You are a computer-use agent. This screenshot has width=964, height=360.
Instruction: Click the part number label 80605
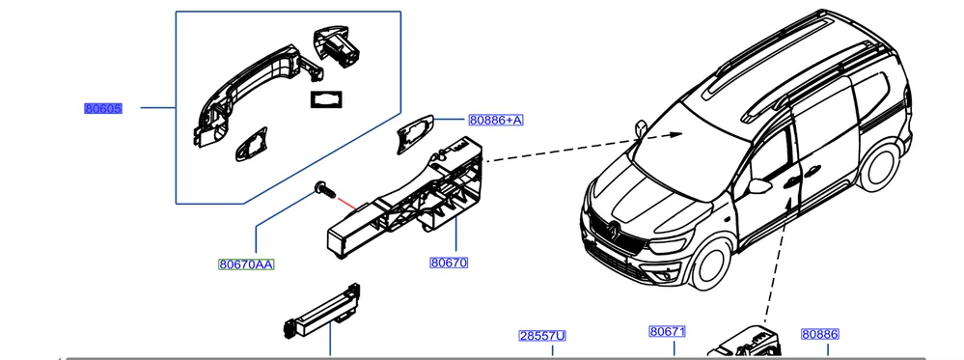(103, 109)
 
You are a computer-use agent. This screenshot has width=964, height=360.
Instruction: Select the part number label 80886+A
(496, 120)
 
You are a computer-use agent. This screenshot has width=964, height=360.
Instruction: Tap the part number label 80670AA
(246, 264)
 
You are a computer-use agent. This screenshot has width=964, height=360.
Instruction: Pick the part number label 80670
(449, 263)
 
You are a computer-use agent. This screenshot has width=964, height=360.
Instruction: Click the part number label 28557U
(542, 336)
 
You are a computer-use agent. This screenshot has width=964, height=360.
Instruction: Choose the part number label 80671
(667, 332)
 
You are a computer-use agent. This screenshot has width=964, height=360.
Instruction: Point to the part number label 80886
(820, 334)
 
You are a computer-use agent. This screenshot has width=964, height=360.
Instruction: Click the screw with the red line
(324, 189)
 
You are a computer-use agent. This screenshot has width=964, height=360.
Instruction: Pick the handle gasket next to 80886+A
(414, 133)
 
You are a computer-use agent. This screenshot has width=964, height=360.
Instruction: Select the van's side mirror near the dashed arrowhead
(642, 129)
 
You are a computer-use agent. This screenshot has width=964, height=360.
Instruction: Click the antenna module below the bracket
(322, 313)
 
